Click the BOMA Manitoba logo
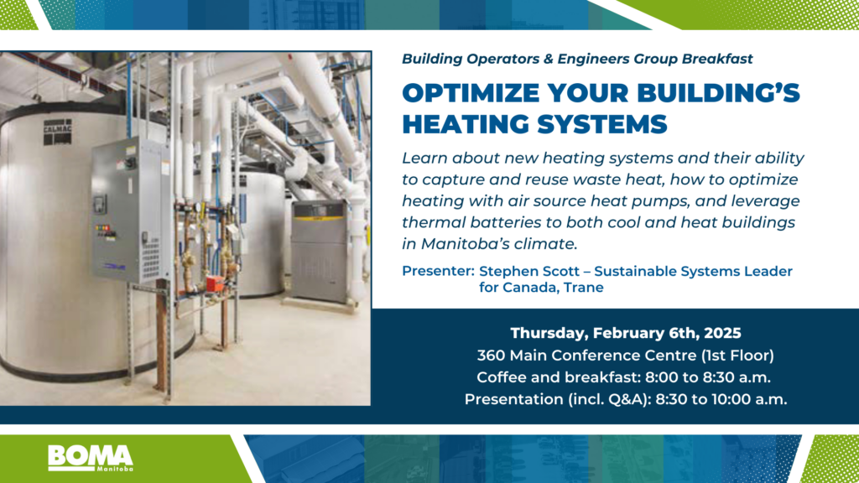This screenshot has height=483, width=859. coord(91,458)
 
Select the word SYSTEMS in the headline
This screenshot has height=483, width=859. coord(602,124)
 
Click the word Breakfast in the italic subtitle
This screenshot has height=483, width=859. coord(717,59)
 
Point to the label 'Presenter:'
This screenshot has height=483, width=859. coord(438,271)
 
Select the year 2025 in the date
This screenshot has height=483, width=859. coord(722,333)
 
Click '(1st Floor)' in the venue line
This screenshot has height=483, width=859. coord(737,356)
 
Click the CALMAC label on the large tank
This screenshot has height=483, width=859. coord(58,132)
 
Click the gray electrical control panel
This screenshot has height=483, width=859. coord(130,210)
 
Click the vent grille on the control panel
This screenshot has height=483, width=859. coord(151,257)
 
